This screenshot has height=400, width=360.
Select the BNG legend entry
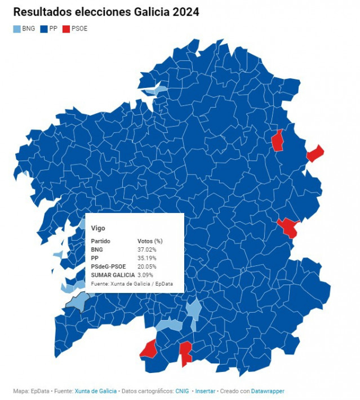(x=24, y=28)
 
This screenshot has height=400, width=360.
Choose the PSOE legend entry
(x=75, y=28)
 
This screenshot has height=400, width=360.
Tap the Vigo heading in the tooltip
(x=98, y=228)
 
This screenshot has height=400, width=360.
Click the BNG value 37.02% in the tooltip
(x=147, y=249)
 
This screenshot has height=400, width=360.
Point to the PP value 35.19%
(x=147, y=257)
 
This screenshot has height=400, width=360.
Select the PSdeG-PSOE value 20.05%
(x=147, y=266)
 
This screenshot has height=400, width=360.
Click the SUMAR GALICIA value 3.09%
(x=145, y=274)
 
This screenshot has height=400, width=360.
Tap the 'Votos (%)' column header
(x=150, y=241)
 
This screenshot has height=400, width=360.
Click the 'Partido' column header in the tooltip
(x=101, y=241)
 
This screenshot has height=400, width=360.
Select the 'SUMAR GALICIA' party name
(x=113, y=274)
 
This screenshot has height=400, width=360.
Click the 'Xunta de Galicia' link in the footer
(x=96, y=391)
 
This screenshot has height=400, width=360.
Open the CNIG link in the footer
(x=182, y=391)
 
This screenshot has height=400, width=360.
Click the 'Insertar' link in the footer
(x=205, y=391)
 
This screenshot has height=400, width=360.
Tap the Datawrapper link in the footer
(x=268, y=391)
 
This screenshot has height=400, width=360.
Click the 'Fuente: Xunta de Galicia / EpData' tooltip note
(x=131, y=283)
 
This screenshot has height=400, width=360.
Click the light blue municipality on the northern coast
(x=155, y=90)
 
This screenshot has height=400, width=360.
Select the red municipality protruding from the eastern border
(x=315, y=153)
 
